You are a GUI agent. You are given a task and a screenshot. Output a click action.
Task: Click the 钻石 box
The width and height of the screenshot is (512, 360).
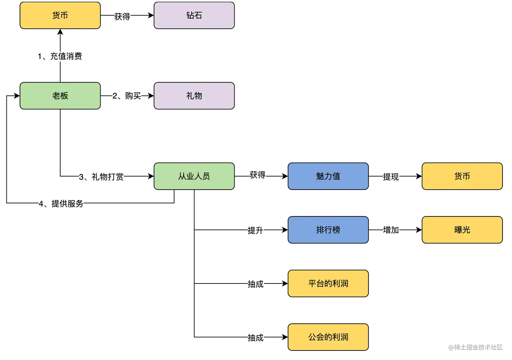pyautogui.click(x=194, y=15)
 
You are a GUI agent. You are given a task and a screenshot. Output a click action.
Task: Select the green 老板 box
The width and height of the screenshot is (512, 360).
pyautogui.click(x=60, y=96)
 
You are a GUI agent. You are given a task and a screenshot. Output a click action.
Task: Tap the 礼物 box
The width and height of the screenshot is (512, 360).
pyautogui.click(x=194, y=96)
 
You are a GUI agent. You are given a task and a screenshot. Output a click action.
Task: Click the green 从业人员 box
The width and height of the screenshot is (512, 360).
pyautogui.click(x=194, y=176)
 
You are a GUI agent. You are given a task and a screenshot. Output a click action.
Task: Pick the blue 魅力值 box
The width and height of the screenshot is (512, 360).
pyautogui.click(x=328, y=176)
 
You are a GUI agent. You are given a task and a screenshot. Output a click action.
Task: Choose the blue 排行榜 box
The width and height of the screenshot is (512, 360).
pyautogui.click(x=328, y=230)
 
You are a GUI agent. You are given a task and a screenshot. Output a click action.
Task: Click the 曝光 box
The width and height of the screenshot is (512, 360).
pyautogui.click(x=462, y=230)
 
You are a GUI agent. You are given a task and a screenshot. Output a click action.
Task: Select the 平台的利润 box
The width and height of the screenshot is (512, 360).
pyautogui.click(x=328, y=283)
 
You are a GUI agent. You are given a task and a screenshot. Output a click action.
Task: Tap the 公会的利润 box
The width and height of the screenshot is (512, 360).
pyautogui.click(x=328, y=337)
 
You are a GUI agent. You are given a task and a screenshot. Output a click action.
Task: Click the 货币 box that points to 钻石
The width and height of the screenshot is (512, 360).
pyautogui.click(x=60, y=15)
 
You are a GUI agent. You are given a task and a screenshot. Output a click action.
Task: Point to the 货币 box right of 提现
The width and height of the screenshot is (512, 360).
pyautogui.click(x=462, y=176)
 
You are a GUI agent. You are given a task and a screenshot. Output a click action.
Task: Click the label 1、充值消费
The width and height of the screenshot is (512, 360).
pyautogui.click(x=60, y=56)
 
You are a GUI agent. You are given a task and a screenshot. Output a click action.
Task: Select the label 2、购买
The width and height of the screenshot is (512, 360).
pyautogui.click(x=127, y=96)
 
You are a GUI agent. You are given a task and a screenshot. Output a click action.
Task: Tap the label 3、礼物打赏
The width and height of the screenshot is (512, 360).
pyautogui.click(x=101, y=177)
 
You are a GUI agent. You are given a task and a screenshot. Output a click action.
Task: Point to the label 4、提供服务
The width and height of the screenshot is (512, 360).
pyautogui.click(x=61, y=204)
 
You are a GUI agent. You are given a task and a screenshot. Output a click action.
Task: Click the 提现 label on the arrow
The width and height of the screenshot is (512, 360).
pyautogui.click(x=391, y=177)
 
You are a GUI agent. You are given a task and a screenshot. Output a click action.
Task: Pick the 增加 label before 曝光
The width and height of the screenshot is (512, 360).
pyautogui.click(x=391, y=230)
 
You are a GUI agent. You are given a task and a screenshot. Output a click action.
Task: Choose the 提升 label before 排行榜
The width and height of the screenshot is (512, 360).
pyautogui.click(x=255, y=231)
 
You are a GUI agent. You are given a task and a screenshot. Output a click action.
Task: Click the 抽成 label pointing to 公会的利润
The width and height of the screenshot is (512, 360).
pyautogui.click(x=255, y=338)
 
